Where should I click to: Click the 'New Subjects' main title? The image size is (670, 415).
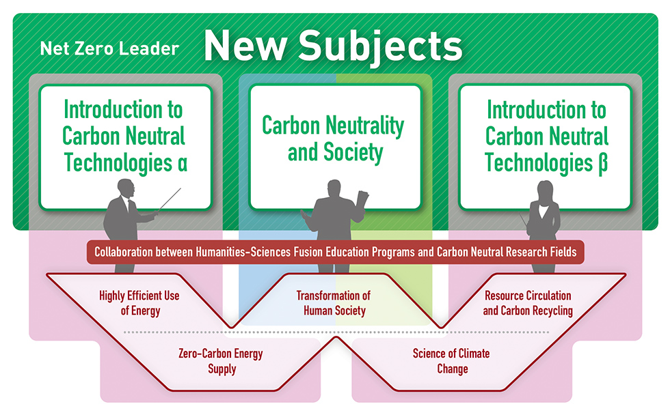[334, 46]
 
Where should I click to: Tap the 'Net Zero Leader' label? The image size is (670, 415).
[109, 48]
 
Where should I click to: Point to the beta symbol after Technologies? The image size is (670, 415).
[602, 164]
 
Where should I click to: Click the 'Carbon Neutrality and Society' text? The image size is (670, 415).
[334, 139]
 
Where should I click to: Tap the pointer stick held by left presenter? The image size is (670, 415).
[170, 199]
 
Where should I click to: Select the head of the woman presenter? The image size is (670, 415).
[545, 191]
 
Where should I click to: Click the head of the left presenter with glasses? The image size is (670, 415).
[126, 188]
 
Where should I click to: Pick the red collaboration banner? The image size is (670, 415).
[336, 252]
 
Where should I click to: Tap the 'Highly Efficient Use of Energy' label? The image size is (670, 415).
[139, 303]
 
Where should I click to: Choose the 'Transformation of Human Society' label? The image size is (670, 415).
[334, 303]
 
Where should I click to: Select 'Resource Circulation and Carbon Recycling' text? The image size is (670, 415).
[528, 303]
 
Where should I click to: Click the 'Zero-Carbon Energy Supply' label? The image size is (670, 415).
[221, 361]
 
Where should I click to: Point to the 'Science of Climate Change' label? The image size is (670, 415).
[452, 361]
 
